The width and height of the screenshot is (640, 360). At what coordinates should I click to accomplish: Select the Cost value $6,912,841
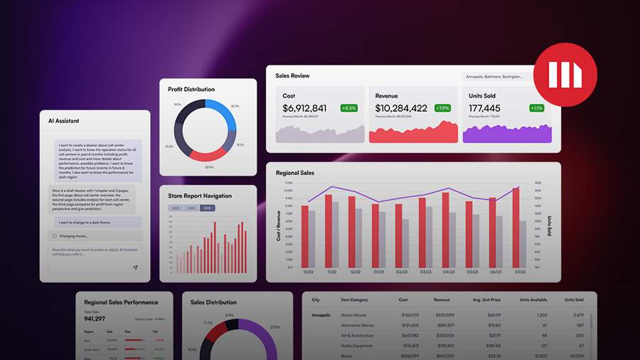pos(304,108)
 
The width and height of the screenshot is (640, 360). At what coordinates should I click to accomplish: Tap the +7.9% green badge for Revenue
pos(442,108)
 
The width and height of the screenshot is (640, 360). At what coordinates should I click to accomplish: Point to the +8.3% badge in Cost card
pos(348,108)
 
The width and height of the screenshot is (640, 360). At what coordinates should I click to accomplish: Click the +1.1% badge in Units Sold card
pos(536,108)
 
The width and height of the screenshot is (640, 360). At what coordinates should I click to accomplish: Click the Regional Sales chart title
pos(295,173)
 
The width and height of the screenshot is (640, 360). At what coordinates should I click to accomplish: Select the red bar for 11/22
pos(329,230)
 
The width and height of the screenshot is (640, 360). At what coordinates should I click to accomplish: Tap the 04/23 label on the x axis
pos(448,272)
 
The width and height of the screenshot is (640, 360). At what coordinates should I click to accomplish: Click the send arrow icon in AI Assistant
pos(135,268)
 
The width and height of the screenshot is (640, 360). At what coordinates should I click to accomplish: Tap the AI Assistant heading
pos(64,121)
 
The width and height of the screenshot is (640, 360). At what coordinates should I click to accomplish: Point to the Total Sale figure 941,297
pos(95,319)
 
